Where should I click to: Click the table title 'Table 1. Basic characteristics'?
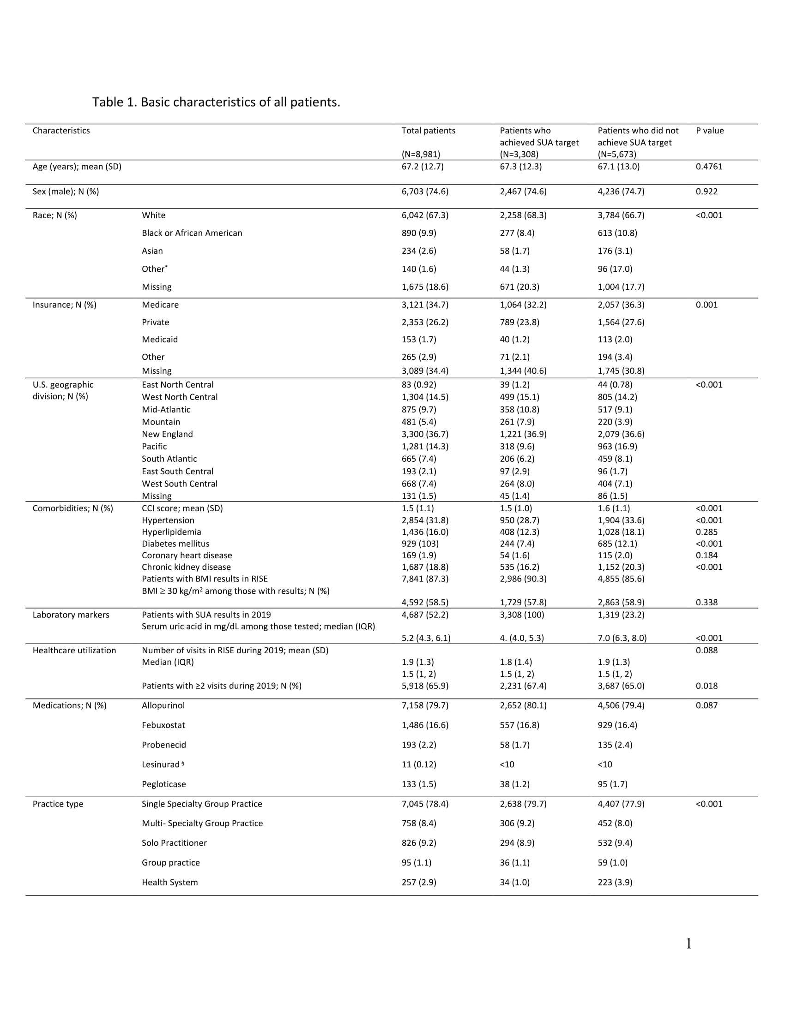point(216,102)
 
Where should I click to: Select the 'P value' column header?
point(710,131)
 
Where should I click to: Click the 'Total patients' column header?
point(429,131)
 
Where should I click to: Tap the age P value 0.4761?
point(709,167)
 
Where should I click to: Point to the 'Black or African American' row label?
point(192,233)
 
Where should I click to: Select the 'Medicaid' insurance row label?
point(159,339)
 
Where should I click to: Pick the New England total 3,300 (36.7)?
point(424,434)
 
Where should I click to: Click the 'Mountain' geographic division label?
point(161,422)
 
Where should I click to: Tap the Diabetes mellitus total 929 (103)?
point(420,543)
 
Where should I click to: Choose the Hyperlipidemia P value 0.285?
point(706,531)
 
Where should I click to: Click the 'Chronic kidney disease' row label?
point(186,567)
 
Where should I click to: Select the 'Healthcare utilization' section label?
point(74,650)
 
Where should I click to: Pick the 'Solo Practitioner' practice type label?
point(174,842)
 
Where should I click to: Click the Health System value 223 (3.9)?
point(615,882)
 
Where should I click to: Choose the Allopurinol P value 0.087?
point(706,705)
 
